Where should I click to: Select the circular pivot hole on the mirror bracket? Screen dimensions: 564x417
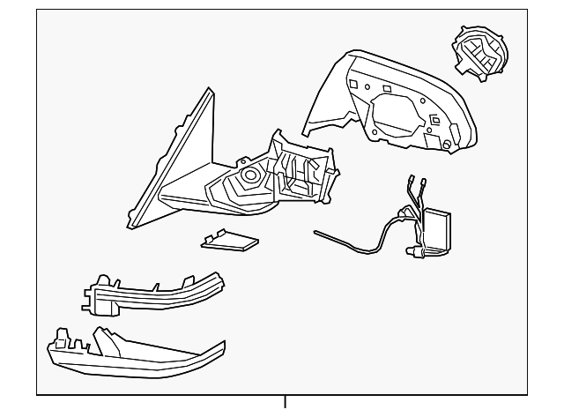(249, 175)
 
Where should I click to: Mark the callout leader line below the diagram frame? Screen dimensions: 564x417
(285, 405)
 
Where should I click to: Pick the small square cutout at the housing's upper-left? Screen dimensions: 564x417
(351, 85)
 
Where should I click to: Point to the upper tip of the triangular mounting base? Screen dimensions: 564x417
(207, 91)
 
